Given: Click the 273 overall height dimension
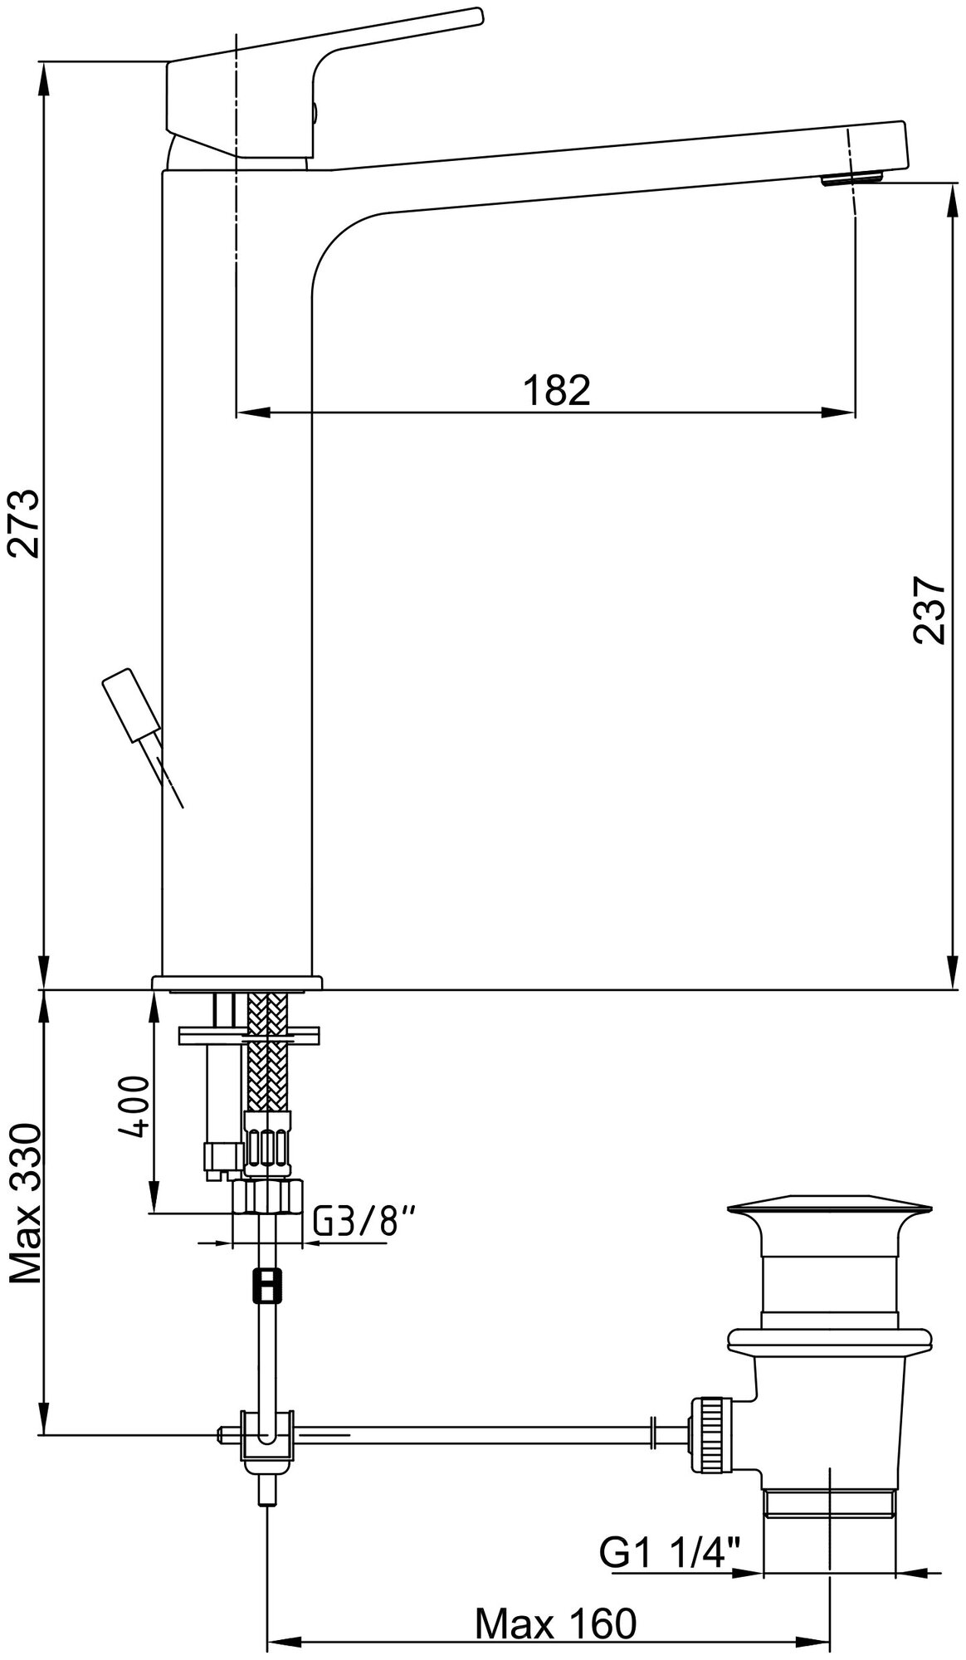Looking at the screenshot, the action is (23, 525).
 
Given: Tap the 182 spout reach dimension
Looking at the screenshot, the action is (556, 390).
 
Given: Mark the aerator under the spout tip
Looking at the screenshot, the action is (852, 178).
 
